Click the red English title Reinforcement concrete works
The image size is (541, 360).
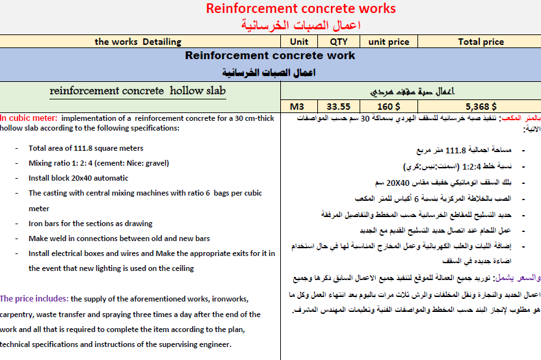click(300, 8)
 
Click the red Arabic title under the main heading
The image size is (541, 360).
click(300, 25)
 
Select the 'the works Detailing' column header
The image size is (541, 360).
click(138, 42)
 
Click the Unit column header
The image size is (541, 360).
click(299, 42)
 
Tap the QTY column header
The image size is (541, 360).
click(338, 42)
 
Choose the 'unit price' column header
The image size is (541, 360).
click(389, 42)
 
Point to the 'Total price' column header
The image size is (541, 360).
click(481, 42)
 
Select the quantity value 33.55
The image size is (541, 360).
click(338, 107)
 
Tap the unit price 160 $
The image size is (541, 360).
click(389, 107)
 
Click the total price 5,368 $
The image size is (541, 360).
click(481, 107)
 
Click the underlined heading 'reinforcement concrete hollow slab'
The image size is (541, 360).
click(138, 91)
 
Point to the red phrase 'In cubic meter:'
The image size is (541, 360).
click(29, 118)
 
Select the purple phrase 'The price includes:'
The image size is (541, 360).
click(34, 299)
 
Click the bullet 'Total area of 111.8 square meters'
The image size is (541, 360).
click(86, 148)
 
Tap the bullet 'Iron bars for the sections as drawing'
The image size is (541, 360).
click(90, 224)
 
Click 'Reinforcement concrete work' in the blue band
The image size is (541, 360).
click(270, 56)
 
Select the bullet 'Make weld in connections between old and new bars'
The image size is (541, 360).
click(120, 238)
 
